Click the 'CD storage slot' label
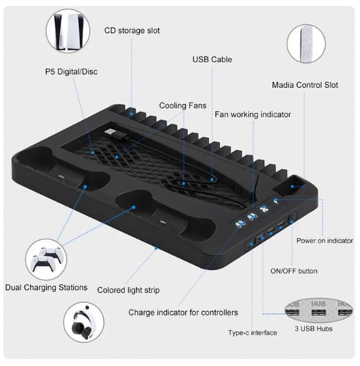pos(132,31)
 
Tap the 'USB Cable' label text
pos(212,59)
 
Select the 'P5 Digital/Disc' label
pos(72,72)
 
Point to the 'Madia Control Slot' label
pos(305,85)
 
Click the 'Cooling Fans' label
pos(183,105)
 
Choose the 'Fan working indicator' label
pos(252,114)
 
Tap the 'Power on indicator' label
pos(325,241)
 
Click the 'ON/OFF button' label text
pos(294,271)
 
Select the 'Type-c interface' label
pos(252,332)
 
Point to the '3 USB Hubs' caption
pos(313,329)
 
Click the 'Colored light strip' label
pos(128,290)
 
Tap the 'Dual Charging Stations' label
pos(46,288)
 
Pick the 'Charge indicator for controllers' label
pos(183,313)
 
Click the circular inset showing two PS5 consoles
pos(68,31)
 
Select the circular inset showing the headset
pos(83,322)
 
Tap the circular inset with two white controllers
pos(46,259)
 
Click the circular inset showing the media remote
pos(306,44)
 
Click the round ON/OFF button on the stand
pos(291,220)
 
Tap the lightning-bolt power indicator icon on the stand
pos(276,201)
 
